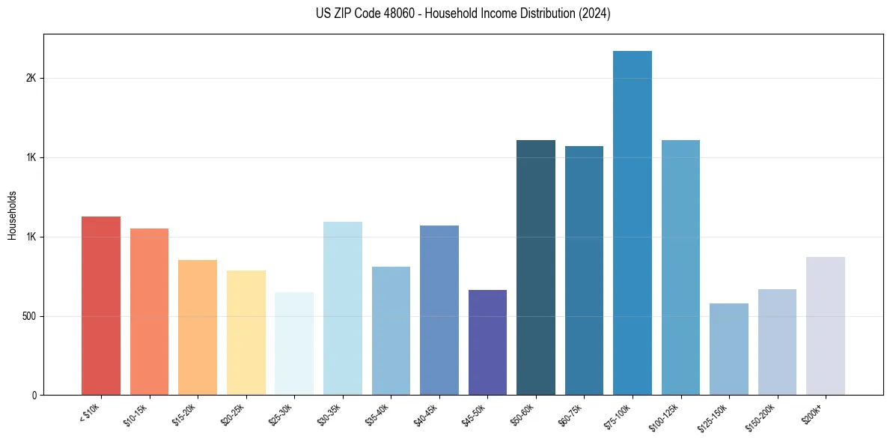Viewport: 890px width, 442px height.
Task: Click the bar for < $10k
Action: [x=101, y=306]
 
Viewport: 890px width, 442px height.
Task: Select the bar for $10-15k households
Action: [x=149, y=312]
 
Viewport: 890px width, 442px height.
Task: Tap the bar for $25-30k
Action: [x=294, y=344]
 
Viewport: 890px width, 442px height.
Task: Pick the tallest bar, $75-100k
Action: [x=633, y=223]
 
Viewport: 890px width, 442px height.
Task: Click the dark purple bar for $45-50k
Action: [x=487, y=342]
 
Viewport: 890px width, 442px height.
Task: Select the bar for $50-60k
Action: [x=536, y=267]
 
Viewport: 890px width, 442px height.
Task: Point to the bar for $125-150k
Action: [x=729, y=349]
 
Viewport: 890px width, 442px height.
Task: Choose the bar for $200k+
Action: [x=826, y=326]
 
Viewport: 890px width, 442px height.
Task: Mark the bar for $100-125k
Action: [x=680, y=267]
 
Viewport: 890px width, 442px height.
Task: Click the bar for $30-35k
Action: [x=343, y=309]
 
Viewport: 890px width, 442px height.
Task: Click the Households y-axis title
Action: [x=12, y=215]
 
